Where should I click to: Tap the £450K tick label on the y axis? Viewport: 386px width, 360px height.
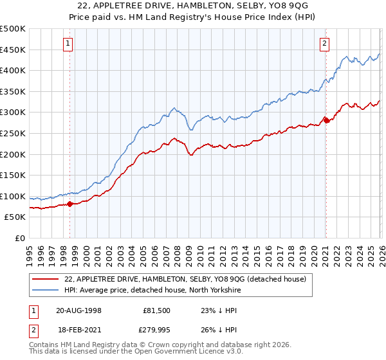[x=13, y=50]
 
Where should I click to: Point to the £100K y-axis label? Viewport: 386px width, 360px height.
[x=13, y=196]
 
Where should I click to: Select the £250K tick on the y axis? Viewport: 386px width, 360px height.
[x=13, y=133]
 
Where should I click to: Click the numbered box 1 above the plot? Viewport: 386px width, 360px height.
[x=68, y=44]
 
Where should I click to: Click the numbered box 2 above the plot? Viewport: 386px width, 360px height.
[x=324, y=44]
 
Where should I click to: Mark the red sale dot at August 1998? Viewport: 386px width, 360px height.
[x=70, y=204]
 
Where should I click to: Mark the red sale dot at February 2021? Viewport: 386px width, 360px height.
[x=326, y=120]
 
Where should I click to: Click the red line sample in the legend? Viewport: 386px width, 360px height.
[x=46, y=279]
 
